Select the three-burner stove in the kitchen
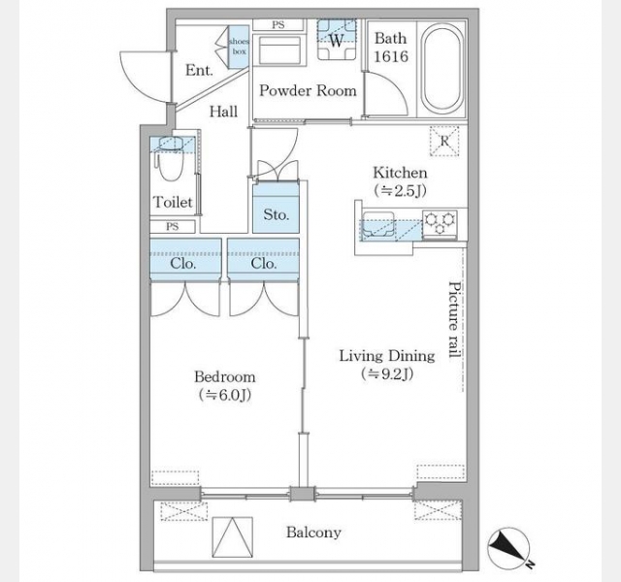click(440, 224)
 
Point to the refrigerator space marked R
click(444, 141)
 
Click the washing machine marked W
click(337, 40)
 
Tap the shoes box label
click(240, 47)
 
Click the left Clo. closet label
click(183, 264)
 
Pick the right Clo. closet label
click(263, 264)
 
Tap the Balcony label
click(313, 533)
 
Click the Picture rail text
click(455, 319)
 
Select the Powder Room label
click(308, 90)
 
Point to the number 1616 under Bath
click(391, 56)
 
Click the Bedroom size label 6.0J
click(225, 395)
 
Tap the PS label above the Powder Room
click(278, 24)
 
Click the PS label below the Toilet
click(173, 226)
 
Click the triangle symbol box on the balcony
click(233, 536)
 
